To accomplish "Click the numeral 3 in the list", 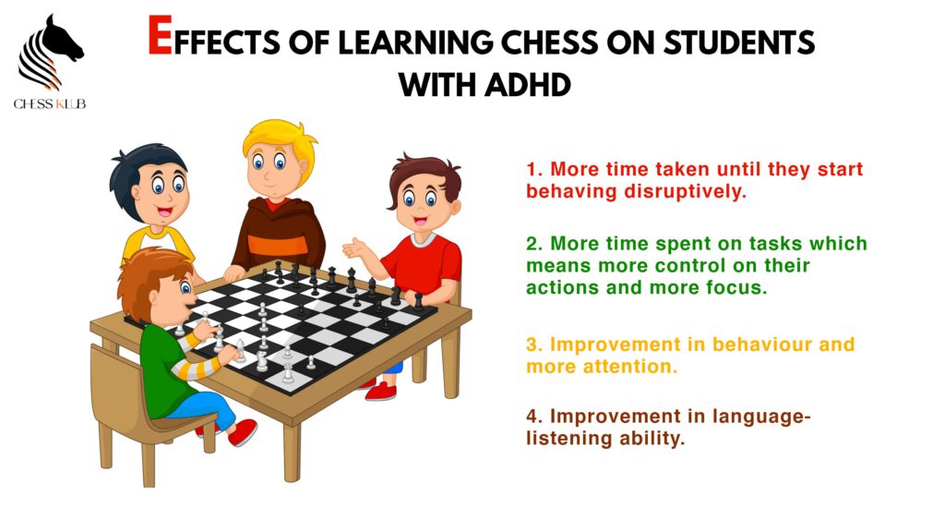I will coord(532,345).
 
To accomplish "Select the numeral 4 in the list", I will coord(532,417).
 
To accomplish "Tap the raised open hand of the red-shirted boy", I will coord(354,248).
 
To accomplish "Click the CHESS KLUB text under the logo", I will coord(50,104).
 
